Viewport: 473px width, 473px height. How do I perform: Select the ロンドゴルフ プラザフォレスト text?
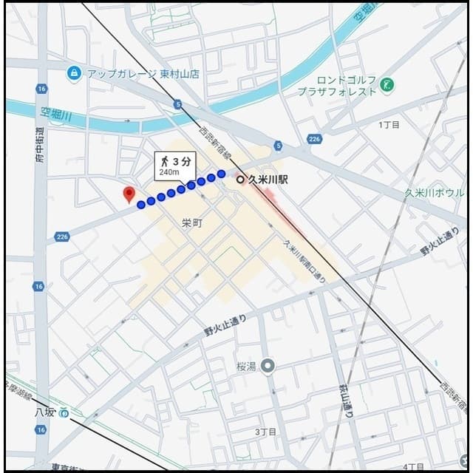click(337, 86)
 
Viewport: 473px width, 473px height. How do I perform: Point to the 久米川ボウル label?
click(434, 193)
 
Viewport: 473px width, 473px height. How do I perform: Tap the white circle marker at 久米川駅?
click(239, 179)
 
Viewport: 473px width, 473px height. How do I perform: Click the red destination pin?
click(129, 194)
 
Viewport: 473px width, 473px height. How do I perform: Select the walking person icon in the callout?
click(163, 160)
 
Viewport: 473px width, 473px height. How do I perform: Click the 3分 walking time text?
click(181, 160)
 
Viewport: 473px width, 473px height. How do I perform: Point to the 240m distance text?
click(169, 171)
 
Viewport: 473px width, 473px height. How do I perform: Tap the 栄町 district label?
click(191, 222)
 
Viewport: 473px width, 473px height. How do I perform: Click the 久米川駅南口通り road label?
click(304, 263)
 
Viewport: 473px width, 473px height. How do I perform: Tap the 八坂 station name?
click(44, 412)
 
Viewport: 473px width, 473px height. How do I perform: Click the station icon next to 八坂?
click(65, 412)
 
